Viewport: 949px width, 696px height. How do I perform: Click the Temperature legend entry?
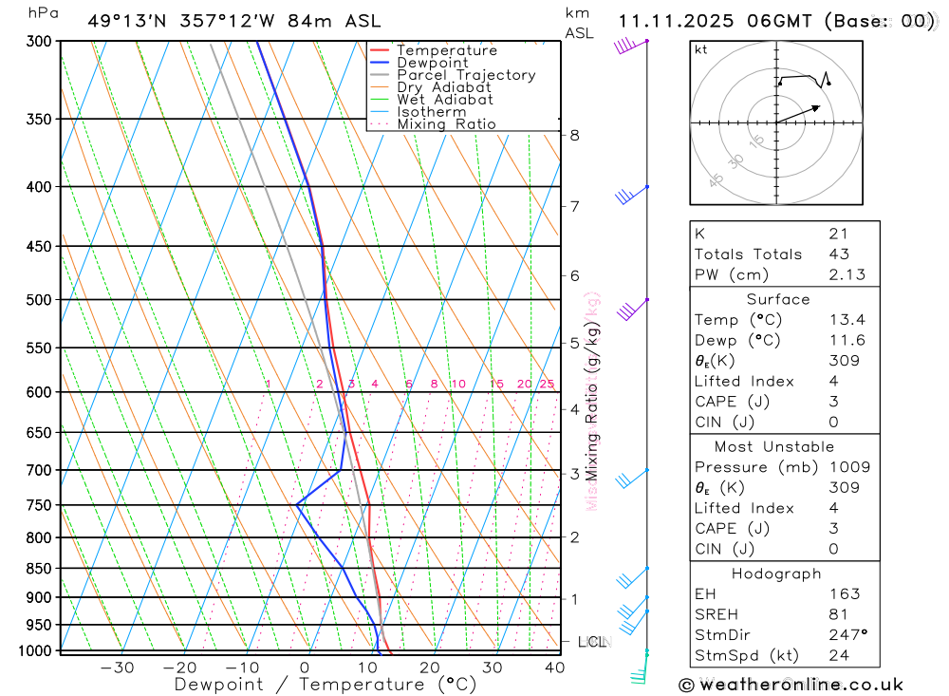[446, 50]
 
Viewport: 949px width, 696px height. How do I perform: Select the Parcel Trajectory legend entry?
[465, 75]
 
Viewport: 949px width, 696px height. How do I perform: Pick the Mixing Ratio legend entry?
[446, 124]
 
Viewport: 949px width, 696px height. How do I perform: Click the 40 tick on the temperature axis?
[554, 668]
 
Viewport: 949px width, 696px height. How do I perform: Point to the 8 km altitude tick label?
[574, 135]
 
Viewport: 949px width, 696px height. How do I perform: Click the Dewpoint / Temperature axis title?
[326, 685]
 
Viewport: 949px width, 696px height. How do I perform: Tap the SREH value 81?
[837, 614]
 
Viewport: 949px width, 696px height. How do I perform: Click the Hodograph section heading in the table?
[777, 574]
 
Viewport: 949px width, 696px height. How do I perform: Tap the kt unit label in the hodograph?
[701, 50]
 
